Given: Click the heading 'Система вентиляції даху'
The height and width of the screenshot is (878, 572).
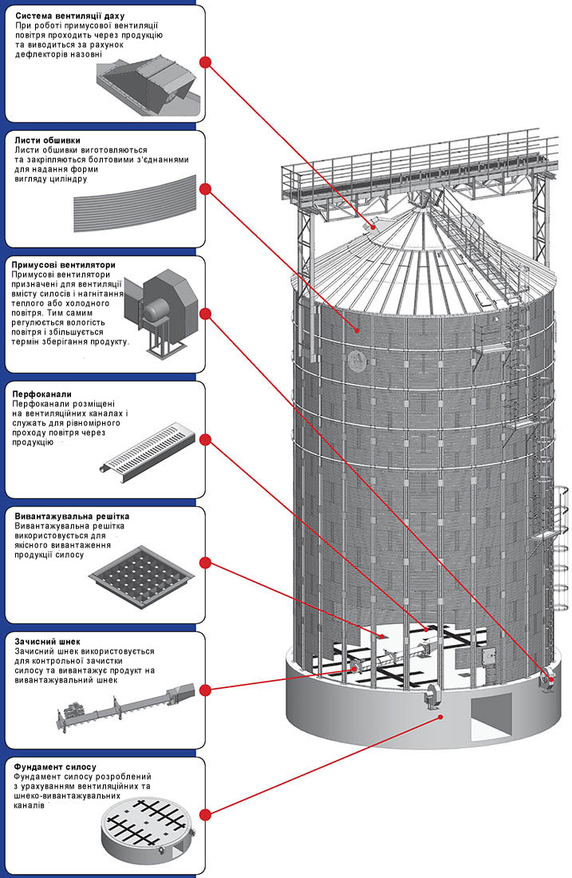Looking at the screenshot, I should coord(69,15).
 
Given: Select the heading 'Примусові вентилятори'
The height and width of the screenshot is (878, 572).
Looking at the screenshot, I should coord(65,264).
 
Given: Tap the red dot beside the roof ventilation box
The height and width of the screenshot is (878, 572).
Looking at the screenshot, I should coord(205,62).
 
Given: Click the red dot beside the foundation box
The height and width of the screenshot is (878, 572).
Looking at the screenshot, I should coord(205,814).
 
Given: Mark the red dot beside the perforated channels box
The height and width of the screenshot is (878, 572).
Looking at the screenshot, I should coord(205,439).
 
